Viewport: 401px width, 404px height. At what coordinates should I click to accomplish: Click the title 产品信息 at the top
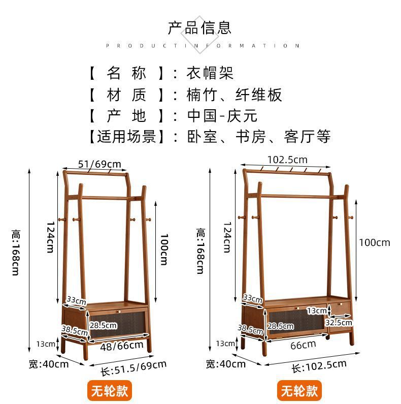pyautogui.click(x=199, y=27)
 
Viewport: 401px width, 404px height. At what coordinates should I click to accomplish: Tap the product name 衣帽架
pyautogui.click(x=210, y=73)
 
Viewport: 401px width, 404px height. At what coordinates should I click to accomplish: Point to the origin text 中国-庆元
pyautogui.click(x=222, y=115)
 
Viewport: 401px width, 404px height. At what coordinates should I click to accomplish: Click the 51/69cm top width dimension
pyautogui.click(x=100, y=163)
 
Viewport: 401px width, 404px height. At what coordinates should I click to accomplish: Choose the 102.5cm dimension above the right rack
pyautogui.click(x=287, y=159)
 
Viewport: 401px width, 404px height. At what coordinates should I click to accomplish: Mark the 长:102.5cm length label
pyautogui.click(x=319, y=366)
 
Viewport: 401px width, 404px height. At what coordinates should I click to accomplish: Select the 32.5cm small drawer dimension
pyautogui.click(x=339, y=322)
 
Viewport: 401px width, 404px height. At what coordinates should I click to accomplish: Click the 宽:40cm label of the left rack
pyautogui.click(x=48, y=364)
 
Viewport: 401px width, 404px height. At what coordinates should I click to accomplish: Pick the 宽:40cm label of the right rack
pyautogui.click(x=226, y=364)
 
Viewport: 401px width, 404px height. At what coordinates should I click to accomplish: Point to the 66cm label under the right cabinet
pyautogui.click(x=303, y=345)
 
